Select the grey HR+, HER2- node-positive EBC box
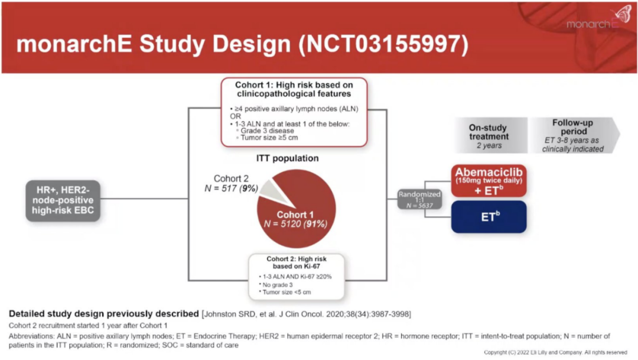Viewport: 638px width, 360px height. (63, 201)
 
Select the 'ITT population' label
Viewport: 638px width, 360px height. (287, 158)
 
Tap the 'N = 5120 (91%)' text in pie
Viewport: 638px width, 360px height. (295, 224)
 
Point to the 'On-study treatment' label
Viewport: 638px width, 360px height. (489, 132)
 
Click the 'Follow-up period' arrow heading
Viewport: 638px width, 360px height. (572, 127)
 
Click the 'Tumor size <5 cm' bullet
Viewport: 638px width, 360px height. (287, 291)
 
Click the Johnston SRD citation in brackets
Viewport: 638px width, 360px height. (307, 313)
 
